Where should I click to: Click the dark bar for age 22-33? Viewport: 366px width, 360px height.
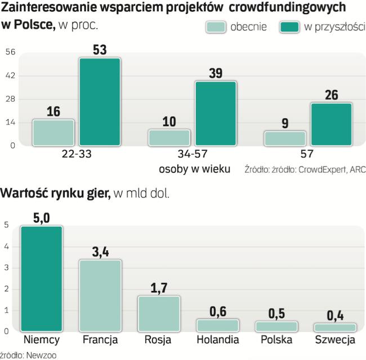coord(100,102)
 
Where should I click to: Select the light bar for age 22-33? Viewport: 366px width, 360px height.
coord(53,132)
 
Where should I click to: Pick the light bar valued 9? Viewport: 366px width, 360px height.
coord(285,138)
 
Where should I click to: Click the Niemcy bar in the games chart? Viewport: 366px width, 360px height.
coord(42,278)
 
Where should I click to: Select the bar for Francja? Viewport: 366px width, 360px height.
coord(100,295)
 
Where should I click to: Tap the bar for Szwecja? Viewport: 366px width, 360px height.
coord(335,327)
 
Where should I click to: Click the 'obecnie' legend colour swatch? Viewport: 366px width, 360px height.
coord(216,28)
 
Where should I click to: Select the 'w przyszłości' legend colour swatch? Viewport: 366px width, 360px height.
coord(289,28)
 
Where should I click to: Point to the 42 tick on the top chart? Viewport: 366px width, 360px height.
coord(11,75)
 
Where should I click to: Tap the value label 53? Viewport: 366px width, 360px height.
coord(100,49)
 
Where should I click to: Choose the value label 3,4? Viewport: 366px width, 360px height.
coord(100,251)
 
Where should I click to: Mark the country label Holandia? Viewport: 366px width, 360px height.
coord(217,340)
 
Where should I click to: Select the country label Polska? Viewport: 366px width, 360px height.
coord(276,340)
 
